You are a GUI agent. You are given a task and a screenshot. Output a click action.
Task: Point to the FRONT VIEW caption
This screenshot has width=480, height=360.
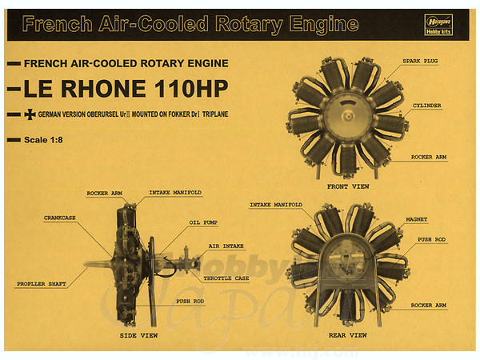347,186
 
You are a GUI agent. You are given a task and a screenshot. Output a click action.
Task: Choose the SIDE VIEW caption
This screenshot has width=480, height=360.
138,335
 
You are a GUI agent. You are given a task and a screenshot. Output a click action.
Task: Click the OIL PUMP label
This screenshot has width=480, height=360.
204,222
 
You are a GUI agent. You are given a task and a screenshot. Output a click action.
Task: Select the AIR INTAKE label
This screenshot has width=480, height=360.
226,247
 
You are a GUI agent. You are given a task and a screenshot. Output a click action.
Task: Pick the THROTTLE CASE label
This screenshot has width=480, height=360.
226,278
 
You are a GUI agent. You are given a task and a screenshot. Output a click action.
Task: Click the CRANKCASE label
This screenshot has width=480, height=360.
61,216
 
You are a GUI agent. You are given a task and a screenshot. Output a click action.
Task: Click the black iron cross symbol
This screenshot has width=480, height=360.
30,114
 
